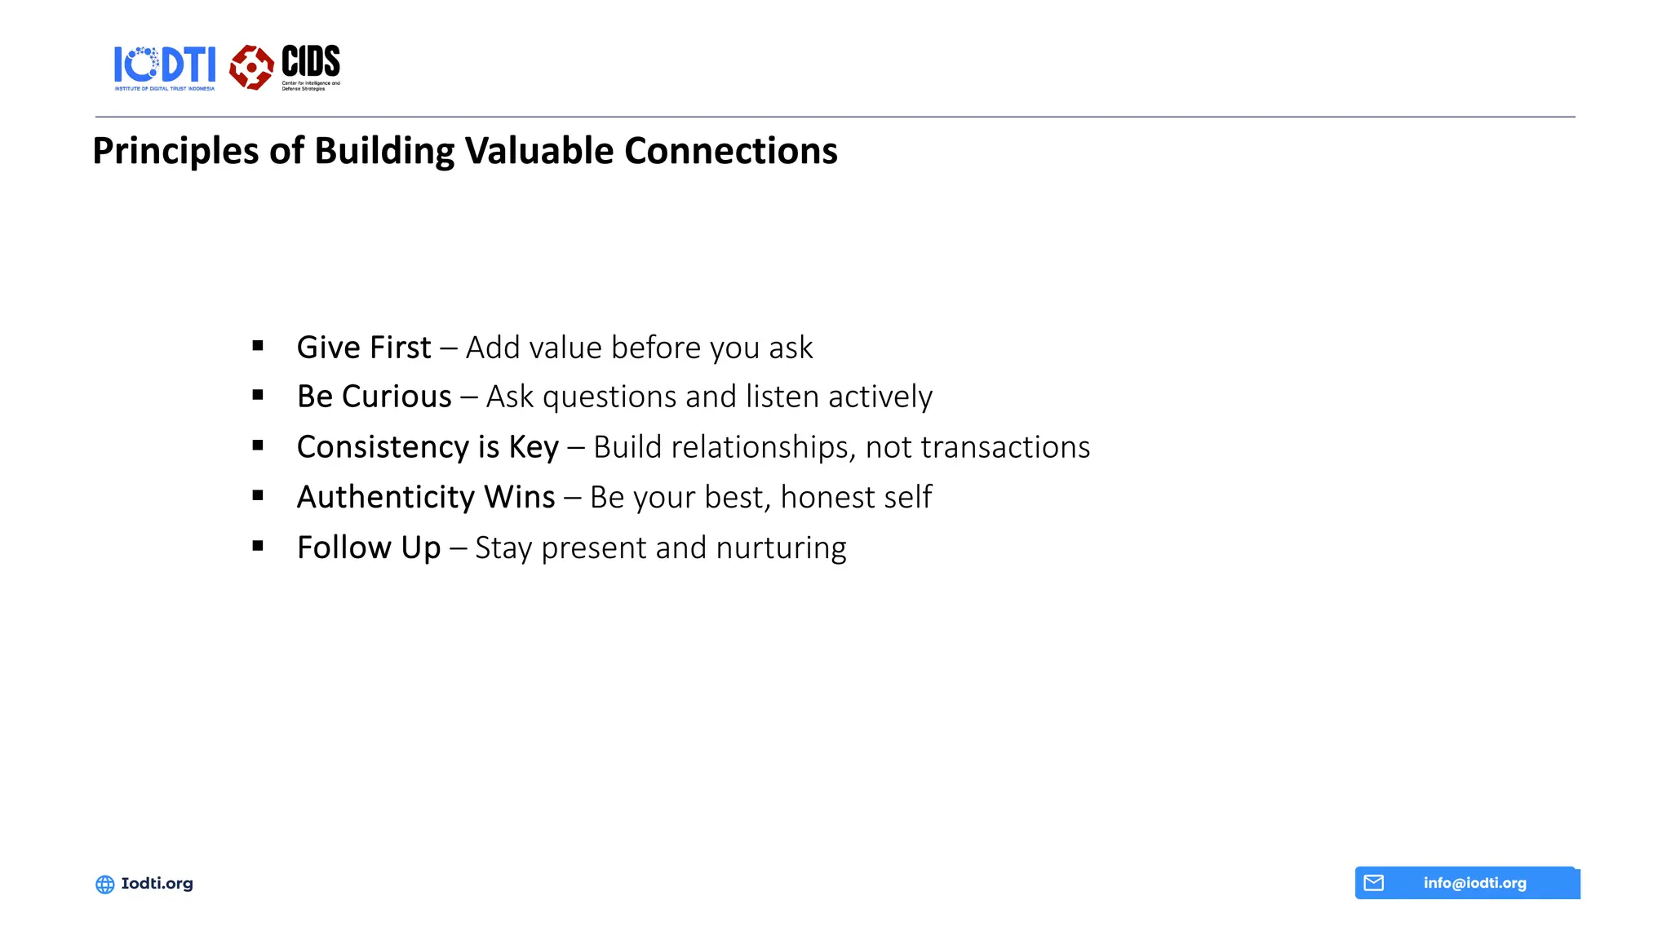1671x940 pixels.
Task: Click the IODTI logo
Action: (165, 67)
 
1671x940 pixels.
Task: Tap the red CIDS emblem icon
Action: (251, 67)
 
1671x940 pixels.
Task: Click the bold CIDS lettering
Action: (311, 61)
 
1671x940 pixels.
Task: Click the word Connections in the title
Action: (730, 151)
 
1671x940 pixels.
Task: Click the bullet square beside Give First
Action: (258, 346)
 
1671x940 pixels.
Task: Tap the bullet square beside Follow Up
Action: (258, 546)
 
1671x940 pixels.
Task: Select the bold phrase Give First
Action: (364, 348)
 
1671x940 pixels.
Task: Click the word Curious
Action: (397, 397)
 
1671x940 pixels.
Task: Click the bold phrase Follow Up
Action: (369, 548)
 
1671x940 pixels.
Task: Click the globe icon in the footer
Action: (105, 884)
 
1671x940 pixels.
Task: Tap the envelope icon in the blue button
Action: (1374, 883)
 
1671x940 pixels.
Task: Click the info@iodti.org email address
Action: (1474, 883)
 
